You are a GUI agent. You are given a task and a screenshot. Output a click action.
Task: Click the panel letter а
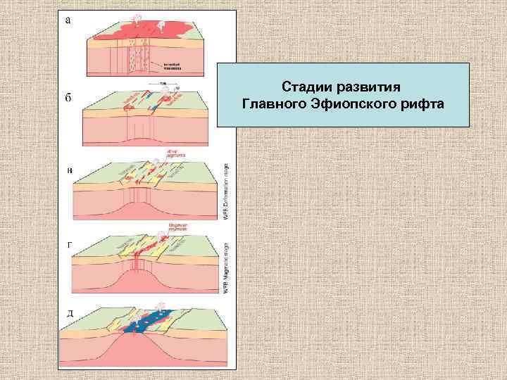[x=67, y=20]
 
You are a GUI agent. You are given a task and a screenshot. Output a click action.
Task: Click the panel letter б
[x=68, y=99]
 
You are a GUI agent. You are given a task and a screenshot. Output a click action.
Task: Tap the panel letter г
[x=68, y=244]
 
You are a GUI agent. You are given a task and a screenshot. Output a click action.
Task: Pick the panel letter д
[x=68, y=312]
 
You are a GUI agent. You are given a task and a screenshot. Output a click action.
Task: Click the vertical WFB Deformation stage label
[x=227, y=190]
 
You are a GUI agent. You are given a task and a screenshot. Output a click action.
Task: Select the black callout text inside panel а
[x=171, y=65]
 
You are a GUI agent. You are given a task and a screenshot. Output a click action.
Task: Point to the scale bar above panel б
[x=163, y=84]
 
